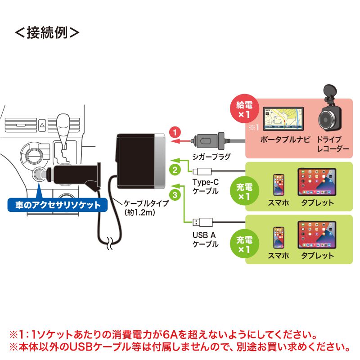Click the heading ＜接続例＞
(x=48, y=33)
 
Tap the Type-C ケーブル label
(x=206, y=186)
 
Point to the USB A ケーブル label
(x=206, y=240)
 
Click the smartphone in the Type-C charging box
(x=279, y=184)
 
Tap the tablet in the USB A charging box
(x=317, y=235)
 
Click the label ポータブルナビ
(x=285, y=139)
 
